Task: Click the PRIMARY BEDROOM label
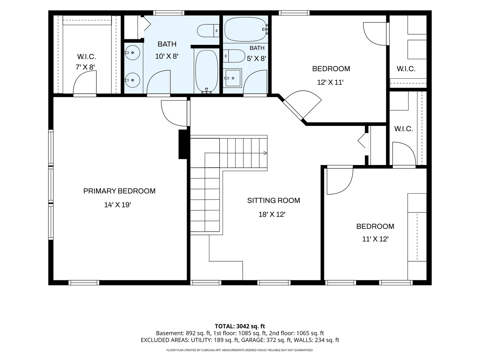coord(119,191)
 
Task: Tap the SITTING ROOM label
coord(274,200)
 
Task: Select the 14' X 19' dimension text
coord(117,205)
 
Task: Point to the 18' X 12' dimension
coord(272,214)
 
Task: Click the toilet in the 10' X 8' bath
coord(208,31)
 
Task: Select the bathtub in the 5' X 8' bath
coord(246,30)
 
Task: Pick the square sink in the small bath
coord(233,78)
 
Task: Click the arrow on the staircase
coord(265,153)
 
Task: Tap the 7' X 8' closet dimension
coord(85,67)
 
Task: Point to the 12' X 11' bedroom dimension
coord(330,82)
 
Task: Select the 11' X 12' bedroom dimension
coord(375,239)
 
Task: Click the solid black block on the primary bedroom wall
coord(183,144)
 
